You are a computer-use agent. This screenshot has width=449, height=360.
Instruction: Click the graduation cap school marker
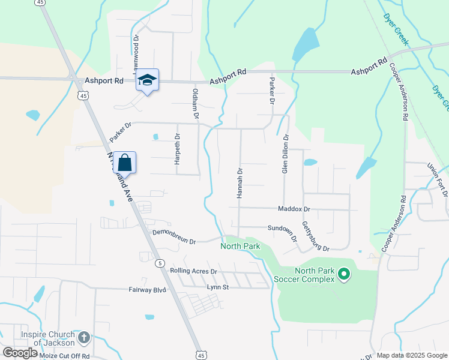[148, 80]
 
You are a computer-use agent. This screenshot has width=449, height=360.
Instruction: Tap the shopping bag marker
[124, 163]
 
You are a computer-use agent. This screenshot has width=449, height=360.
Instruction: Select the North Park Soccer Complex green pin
[344, 275]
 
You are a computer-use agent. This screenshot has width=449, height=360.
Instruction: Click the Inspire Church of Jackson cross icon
[84, 338]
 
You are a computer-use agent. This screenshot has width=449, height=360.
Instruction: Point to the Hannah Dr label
[240, 184]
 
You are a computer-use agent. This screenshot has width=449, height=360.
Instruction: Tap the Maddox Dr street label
[294, 209]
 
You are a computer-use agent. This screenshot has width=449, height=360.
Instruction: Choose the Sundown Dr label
[282, 228]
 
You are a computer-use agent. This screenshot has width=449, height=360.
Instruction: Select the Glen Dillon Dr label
[286, 154]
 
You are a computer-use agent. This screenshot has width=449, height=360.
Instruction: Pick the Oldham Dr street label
[194, 103]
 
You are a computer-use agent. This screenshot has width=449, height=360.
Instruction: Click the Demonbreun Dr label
[174, 236]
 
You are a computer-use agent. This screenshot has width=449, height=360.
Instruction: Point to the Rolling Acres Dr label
[193, 271]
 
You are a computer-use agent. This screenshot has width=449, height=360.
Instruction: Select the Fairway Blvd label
[146, 289]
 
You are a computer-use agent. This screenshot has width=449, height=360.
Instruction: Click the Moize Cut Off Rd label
[64, 356]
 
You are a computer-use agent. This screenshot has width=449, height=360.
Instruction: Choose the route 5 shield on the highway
[160, 263]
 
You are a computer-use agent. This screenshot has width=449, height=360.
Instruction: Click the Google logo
[20, 353]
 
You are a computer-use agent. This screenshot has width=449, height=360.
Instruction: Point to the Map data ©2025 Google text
[412, 355]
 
